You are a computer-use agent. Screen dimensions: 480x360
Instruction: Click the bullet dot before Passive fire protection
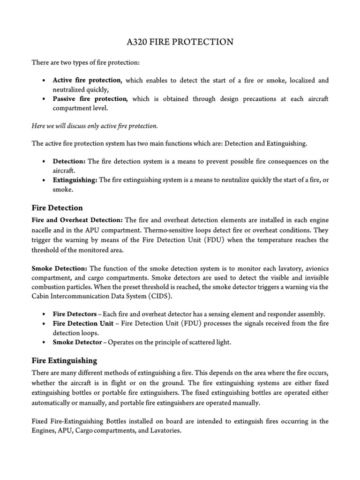click(43, 99)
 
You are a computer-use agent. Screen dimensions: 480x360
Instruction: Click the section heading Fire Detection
click(57, 208)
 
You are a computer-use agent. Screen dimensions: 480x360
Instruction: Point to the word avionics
click(315, 268)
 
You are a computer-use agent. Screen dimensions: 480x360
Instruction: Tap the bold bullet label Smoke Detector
click(77, 342)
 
